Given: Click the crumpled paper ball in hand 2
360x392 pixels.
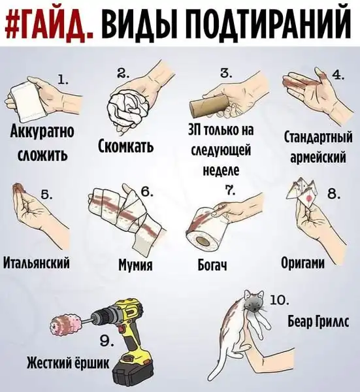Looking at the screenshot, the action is point(124,105).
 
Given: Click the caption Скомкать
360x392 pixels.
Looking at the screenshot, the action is point(125,146).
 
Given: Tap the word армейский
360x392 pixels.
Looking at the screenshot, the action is point(318,157).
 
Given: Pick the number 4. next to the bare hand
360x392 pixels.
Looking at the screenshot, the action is point(337,75).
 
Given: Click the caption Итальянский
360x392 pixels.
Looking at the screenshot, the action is point(36,263).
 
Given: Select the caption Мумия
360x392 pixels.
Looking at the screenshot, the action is point(135,264).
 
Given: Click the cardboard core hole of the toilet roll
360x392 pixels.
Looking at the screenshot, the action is point(203,240).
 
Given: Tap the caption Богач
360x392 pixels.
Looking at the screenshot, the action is point(212,264).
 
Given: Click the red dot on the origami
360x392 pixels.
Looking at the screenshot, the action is point(309,198).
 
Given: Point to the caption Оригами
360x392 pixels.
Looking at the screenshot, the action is point(303,263).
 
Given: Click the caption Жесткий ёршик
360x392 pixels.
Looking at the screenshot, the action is point(68,363).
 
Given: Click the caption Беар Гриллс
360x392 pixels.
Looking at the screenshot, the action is point(318,321).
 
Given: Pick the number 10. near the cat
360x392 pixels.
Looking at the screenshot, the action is point(280,300).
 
